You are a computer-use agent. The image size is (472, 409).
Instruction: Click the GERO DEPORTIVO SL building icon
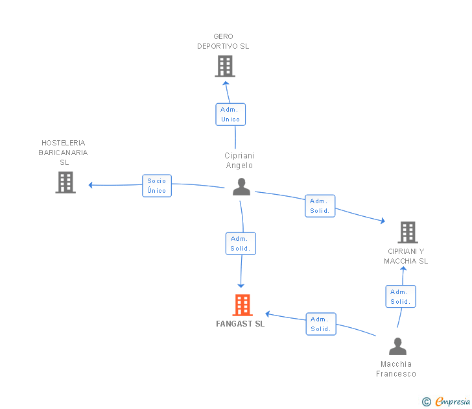click(224, 66)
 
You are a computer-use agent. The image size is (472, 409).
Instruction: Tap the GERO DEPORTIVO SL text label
click(223, 42)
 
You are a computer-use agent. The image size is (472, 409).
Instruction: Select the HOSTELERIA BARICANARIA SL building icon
click(65, 182)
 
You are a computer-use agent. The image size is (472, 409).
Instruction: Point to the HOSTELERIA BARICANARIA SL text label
click(64, 153)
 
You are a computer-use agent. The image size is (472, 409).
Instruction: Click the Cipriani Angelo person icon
click(241, 187)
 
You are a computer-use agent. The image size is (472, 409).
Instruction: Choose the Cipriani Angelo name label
click(239, 160)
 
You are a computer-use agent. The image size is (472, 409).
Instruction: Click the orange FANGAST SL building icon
click(242, 304)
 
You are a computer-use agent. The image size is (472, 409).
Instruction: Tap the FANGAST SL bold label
click(241, 324)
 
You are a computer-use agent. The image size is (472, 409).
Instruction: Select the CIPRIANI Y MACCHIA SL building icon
click(407, 232)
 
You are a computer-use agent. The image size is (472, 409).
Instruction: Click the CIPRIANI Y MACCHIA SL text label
click(406, 256)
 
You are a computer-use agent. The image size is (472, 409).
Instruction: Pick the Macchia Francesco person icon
click(397, 347)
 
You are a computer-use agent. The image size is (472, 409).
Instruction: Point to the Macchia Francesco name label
click(396, 369)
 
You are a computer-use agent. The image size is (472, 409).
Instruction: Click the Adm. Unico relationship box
click(230, 114)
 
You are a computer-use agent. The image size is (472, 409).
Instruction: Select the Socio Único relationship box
click(157, 186)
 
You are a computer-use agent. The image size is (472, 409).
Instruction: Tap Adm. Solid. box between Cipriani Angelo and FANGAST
click(241, 243)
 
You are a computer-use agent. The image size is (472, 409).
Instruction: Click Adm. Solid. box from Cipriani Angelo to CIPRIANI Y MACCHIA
click(320, 206)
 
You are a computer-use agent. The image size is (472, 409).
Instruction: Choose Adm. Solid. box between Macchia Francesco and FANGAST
click(320, 324)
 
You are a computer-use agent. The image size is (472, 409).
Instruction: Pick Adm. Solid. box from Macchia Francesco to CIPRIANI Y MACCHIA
click(400, 297)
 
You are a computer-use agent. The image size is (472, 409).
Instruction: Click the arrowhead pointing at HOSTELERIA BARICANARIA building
click(91, 185)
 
